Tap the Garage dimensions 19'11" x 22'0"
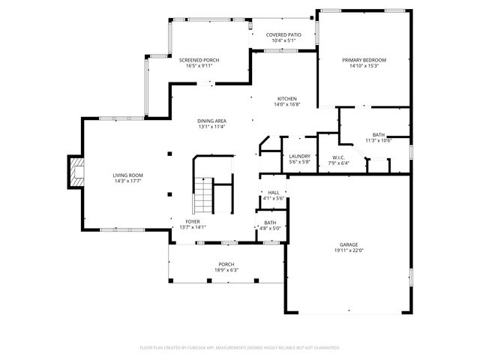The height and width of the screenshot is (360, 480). coord(348,250)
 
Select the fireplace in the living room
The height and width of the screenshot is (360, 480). coord(76,172)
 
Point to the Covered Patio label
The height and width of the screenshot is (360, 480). coord(283,34)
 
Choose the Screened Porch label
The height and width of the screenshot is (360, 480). coord(199,60)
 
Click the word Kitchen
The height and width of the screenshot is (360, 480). coord(287,99)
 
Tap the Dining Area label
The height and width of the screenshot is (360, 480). coord(212,121)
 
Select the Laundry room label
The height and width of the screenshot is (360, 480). coord(299,156)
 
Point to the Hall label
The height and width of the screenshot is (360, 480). coord(273,192)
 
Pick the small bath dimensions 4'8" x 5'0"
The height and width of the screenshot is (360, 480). coord(270,228)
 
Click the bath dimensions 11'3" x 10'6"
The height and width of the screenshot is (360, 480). coord(379,140)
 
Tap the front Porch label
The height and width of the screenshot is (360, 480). coord(226,264)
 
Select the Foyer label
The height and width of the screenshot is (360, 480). coord(193,222)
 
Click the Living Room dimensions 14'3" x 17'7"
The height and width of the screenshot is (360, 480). coord(128,181)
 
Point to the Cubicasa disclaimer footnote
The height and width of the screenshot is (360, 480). coord(240,347)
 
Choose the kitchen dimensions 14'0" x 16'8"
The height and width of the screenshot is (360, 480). coord(287,105)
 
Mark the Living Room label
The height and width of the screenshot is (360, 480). coord(128,175)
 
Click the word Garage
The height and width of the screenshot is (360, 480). coord(348,244)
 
